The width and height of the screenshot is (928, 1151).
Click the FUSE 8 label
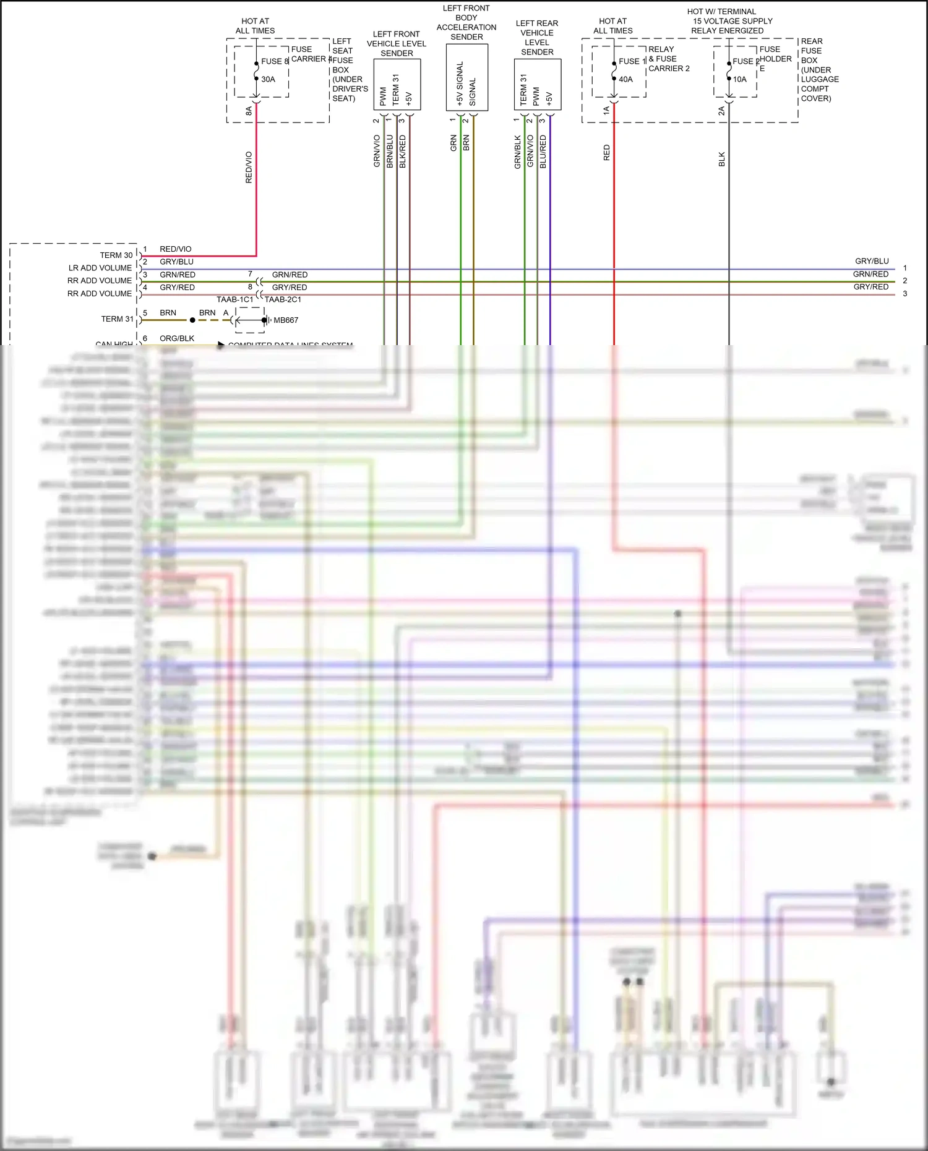tap(275, 61)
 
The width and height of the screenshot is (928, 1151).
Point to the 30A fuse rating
tap(268, 79)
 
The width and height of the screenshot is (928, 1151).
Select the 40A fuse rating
tap(625, 79)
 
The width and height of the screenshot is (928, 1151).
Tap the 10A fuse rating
tap(740, 79)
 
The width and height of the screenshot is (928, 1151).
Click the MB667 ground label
tap(286, 320)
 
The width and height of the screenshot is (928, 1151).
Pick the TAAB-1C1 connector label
tap(234, 299)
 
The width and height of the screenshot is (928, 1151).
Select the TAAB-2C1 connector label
tap(283, 299)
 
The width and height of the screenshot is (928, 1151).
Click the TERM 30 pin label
tap(116, 255)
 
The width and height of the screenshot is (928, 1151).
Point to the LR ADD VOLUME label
tap(100, 268)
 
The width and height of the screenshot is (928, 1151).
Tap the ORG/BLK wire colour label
tap(177, 338)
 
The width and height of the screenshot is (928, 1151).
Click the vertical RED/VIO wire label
tap(249, 167)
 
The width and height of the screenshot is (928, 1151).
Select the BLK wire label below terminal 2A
tap(721, 159)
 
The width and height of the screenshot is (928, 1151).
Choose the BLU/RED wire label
tap(543, 152)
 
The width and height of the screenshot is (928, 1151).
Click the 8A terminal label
tap(249, 111)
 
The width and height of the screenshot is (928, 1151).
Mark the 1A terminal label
tap(606, 111)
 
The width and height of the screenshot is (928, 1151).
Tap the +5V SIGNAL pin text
tap(460, 83)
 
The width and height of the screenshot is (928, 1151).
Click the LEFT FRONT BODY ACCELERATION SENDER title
tap(466, 22)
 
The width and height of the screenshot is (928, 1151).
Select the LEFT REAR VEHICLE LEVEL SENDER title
tap(537, 38)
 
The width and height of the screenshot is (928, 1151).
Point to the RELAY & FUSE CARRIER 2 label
tap(669, 59)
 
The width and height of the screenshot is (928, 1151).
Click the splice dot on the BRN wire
tap(192, 320)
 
